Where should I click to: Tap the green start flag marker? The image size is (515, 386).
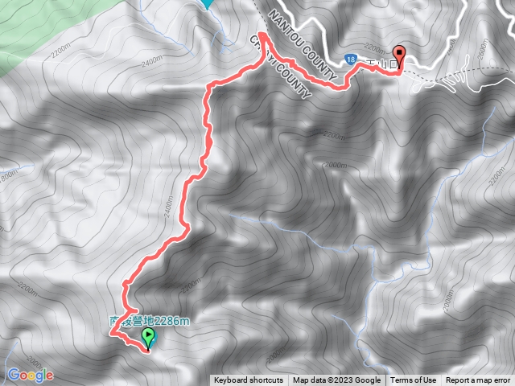(146, 339)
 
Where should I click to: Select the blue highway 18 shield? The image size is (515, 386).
(352, 59)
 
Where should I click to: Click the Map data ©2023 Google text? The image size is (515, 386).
(336, 380)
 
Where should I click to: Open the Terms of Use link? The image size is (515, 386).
(414, 380)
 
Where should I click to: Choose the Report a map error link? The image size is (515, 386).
(478, 380)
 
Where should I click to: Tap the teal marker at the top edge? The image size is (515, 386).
(208, 3)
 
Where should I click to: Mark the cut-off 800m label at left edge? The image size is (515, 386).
(8, 175)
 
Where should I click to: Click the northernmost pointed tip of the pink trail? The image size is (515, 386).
(261, 35)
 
